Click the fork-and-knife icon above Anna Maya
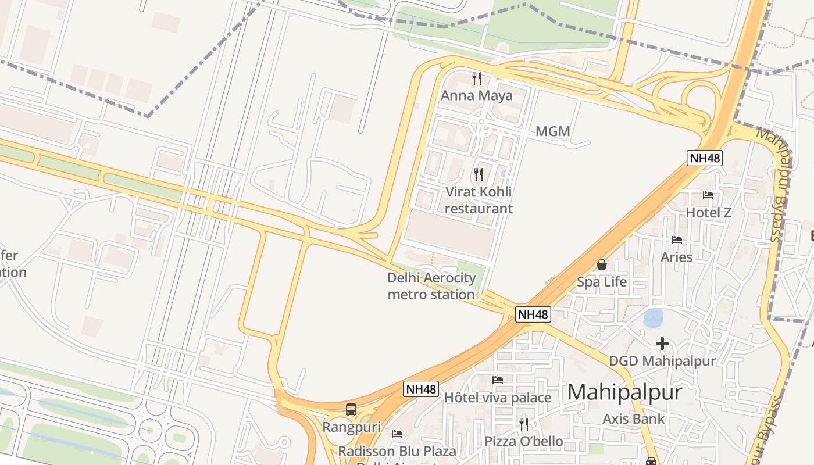(x=477, y=78)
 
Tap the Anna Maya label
(x=477, y=95)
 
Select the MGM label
(x=552, y=131)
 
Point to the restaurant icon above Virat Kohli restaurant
(x=479, y=174)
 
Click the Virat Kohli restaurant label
(x=479, y=200)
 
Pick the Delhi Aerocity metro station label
(x=431, y=286)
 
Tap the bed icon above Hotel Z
(x=708, y=195)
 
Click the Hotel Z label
(x=708, y=212)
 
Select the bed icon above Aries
(x=676, y=239)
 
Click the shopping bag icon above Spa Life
(x=602, y=264)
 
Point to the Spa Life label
(x=602, y=282)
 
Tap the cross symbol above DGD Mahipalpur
(x=662, y=344)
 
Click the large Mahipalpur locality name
(x=624, y=392)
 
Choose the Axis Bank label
(x=633, y=419)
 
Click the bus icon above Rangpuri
(x=351, y=409)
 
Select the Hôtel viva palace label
(x=497, y=398)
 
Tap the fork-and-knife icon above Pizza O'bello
(x=524, y=424)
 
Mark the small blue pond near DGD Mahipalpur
(x=654, y=318)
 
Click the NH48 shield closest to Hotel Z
(x=704, y=158)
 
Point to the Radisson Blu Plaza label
(x=397, y=451)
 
